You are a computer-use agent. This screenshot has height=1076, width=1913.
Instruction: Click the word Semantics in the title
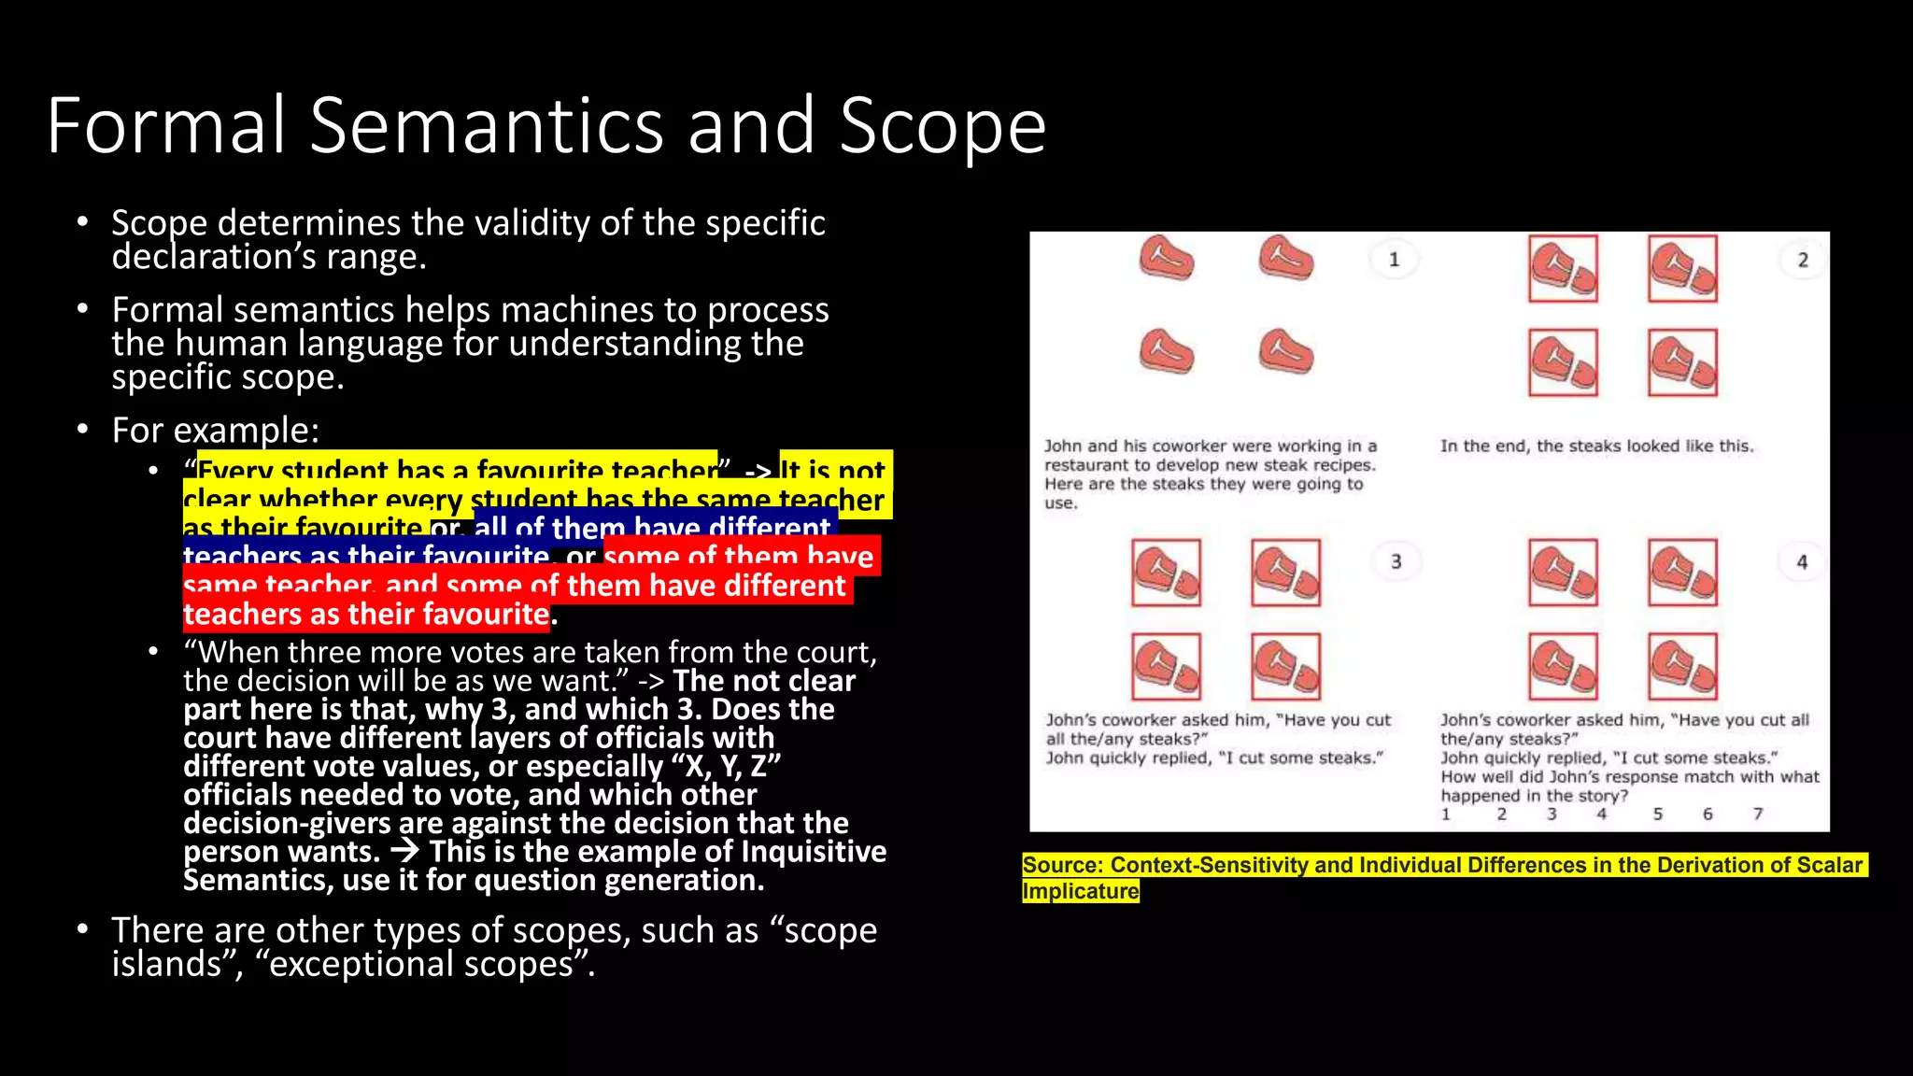486,126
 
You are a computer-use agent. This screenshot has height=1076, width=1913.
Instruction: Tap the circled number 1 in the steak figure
1394,260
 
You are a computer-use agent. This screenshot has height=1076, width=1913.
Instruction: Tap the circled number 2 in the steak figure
1803,261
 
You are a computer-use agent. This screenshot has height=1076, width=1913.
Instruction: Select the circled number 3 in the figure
1396,561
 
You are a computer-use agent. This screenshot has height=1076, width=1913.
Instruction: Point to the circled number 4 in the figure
1802,562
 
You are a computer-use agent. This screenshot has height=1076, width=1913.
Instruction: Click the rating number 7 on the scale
1758,814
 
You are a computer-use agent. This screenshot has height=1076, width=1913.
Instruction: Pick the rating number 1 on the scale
1446,814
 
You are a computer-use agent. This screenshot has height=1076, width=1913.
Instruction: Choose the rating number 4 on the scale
1601,814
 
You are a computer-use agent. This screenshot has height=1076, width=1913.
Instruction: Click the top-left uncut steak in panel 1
1167,259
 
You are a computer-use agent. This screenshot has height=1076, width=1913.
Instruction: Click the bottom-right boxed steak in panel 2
1682,362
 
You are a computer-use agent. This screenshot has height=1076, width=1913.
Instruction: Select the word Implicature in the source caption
1081,891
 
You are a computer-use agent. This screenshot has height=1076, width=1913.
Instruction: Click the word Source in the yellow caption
1062,865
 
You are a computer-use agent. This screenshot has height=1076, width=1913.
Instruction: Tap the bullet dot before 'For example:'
83,430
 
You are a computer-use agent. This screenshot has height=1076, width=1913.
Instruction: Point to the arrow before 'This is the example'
404,851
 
